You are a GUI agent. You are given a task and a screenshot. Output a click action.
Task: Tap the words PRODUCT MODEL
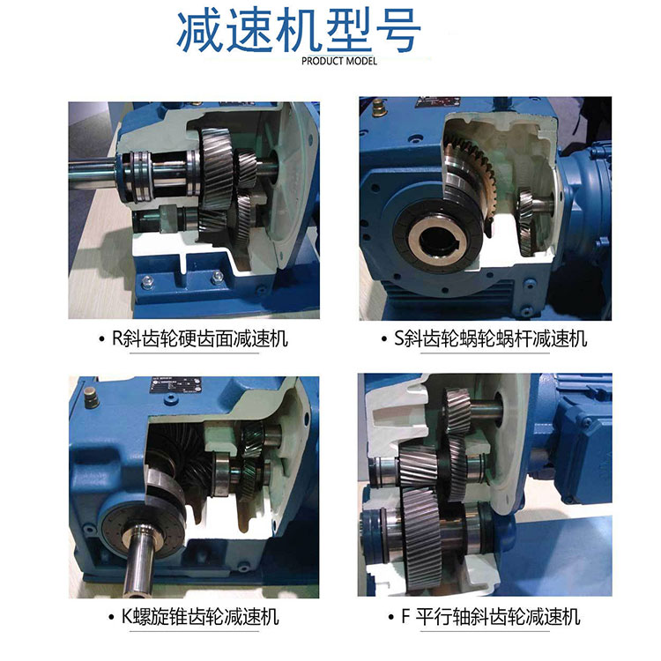(339, 62)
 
